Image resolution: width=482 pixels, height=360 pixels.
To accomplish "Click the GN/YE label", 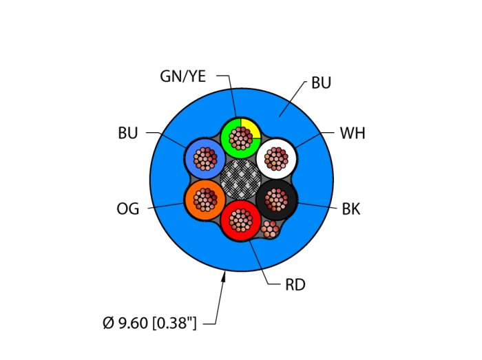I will pos(182,76).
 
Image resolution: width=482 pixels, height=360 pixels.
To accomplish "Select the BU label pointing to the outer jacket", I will pos(321,83).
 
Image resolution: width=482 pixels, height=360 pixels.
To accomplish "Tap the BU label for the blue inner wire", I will pos(127,134).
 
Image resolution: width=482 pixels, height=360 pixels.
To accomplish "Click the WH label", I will pos(352,134).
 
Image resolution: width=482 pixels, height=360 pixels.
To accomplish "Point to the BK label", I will pos(350,209).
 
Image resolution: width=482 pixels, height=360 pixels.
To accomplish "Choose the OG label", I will pos(127,209).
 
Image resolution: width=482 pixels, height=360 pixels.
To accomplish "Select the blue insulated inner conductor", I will pos(205,159).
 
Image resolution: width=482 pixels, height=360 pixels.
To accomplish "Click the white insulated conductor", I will pos(276,159).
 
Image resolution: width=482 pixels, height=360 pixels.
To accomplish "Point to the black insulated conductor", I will pos(276,200).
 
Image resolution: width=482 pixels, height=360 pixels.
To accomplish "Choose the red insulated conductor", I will pos(240,221).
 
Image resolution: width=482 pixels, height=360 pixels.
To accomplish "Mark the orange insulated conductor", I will pos(205,200).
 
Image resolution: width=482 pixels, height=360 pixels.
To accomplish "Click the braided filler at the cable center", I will pos(240,180).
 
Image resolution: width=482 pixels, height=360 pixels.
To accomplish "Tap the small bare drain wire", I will pos(270,229).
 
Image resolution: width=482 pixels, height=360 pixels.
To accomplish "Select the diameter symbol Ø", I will pos(108,322).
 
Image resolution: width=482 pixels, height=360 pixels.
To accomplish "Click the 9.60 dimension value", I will pos(132,322).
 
